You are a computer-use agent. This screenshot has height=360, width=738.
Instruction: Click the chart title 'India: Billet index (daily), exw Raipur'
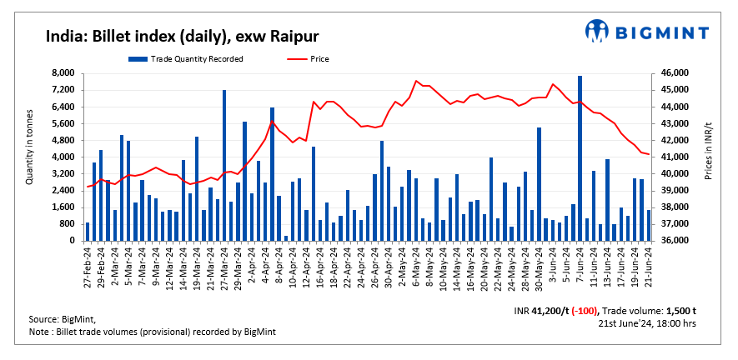coord(182,36)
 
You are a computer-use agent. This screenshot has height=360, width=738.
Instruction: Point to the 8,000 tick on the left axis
coord(63,73)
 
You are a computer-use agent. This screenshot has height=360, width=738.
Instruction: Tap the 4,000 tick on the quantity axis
coord(63,157)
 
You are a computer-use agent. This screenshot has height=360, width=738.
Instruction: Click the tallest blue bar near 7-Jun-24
coord(580,158)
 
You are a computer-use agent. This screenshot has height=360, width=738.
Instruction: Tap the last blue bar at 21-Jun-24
coord(648,225)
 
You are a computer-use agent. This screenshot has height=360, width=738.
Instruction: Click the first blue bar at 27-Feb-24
coord(87,232)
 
